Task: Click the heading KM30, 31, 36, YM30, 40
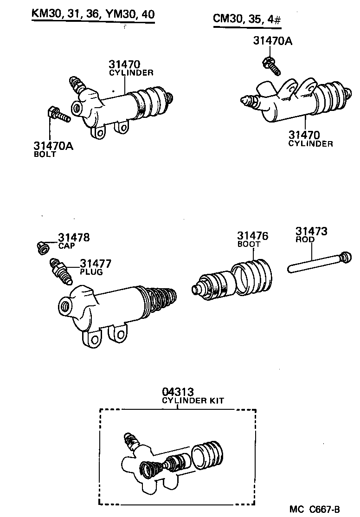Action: click(92, 14)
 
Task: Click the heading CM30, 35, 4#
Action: click(248, 19)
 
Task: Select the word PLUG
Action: click(91, 272)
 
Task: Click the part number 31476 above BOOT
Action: click(253, 236)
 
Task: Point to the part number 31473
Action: click(312, 232)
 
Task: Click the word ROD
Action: click(305, 240)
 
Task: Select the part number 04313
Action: click(178, 392)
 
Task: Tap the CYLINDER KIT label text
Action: click(193, 401)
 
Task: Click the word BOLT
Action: click(45, 155)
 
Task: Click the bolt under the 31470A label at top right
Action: click(271, 65)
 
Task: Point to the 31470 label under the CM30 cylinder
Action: click(304, 135)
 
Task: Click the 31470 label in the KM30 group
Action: click(125, 64)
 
